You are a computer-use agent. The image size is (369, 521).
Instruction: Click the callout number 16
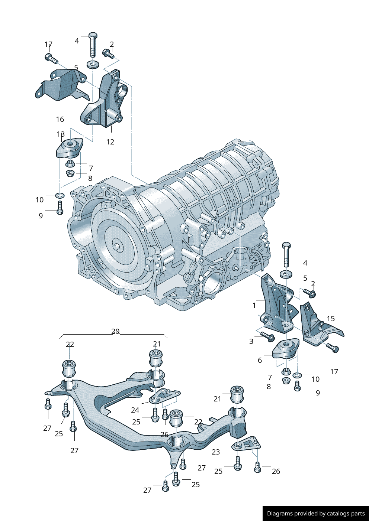[60, 119]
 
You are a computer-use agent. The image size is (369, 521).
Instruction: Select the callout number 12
[110, 142]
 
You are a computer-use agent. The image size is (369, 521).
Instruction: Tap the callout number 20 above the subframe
[115, 331]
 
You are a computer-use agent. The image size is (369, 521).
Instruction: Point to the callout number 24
[135, 410]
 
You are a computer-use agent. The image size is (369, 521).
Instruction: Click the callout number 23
[216, 452]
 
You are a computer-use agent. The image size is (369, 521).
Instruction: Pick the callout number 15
[331, 319]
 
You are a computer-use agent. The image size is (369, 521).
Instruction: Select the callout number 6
[260, 360]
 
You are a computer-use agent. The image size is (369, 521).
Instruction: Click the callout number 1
[254, 305]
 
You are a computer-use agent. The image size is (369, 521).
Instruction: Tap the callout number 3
[251, 341]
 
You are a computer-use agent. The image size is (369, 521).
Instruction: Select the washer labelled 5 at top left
[93, 65]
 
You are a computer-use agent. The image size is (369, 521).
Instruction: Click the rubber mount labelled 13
[70, 147]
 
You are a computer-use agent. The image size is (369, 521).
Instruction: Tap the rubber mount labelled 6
[286, 349]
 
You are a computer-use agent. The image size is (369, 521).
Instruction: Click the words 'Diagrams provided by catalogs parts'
[316, 514]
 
